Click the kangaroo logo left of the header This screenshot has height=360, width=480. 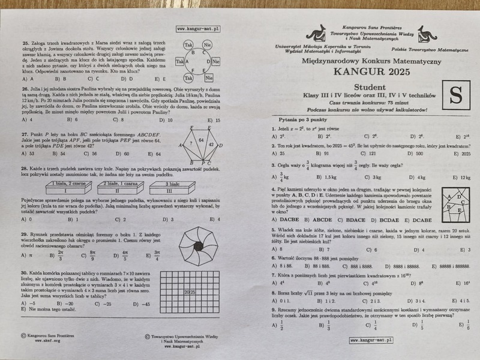click(316, 34)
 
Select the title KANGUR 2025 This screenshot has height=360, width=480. click(372, 73)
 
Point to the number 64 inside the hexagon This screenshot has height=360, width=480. click(202, 140)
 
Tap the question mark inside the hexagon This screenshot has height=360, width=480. click(190, 145)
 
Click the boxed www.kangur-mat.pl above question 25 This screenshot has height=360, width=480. click(198, 29)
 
